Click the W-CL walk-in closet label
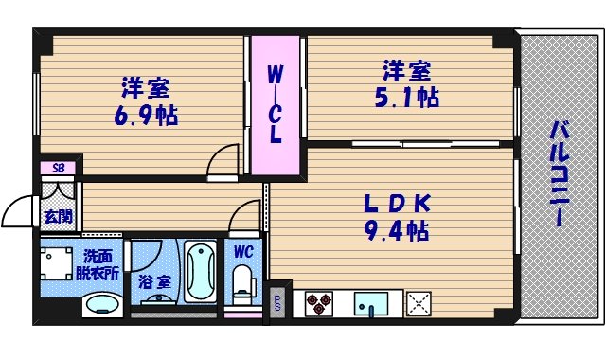tap(274, 103)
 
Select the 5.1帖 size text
tap(409, 97)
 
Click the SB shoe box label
tap(59, 169)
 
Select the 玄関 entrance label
tap(57, 216)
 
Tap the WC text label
tap(241, 252)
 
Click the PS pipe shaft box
tap(277, 301)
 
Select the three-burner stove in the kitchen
tap(318, 304)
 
